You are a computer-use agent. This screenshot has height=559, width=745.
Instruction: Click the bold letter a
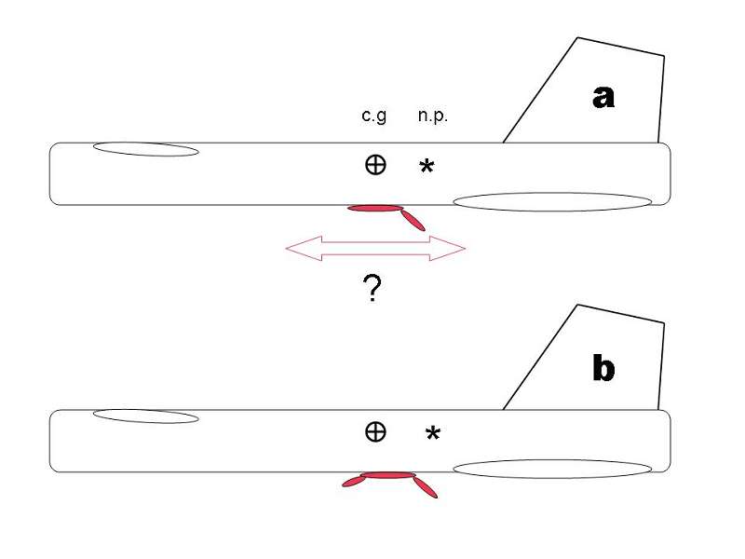(603, 96)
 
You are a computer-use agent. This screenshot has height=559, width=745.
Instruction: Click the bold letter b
(603, 369)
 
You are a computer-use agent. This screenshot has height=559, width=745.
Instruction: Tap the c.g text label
(373, 116)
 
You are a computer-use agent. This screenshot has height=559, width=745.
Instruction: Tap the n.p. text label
(434, 116)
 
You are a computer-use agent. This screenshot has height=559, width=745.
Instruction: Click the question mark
(370, 291)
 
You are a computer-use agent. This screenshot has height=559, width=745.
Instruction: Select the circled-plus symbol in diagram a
(374, 165)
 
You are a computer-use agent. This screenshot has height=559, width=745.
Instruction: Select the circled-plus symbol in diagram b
(374, 430)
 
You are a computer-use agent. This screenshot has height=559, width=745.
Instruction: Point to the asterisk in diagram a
(426, 168)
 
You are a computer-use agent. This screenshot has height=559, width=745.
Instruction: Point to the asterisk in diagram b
(432, 434)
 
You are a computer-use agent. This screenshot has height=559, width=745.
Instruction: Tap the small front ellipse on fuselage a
(145, 149)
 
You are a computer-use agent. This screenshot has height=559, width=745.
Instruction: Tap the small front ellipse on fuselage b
(146, 416)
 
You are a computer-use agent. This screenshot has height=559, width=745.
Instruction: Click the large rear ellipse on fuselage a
(551, 201)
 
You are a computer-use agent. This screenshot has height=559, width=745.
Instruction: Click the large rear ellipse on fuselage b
(551, 468)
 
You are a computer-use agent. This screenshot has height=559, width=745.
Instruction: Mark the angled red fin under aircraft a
(413, 220)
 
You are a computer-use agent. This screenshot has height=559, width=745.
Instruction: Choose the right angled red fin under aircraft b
(426, 487)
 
